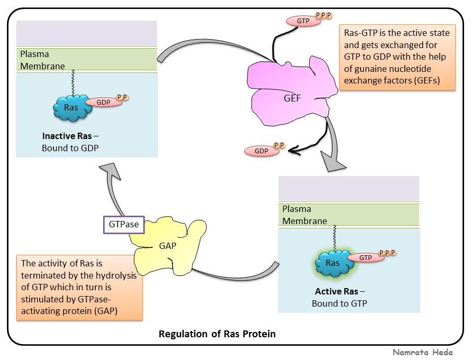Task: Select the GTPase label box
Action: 124,224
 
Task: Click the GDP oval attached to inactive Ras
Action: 103,102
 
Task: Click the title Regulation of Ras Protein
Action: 217,334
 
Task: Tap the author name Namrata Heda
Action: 422,352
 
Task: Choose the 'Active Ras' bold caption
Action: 335,291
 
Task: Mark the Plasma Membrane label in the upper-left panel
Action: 42,60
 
